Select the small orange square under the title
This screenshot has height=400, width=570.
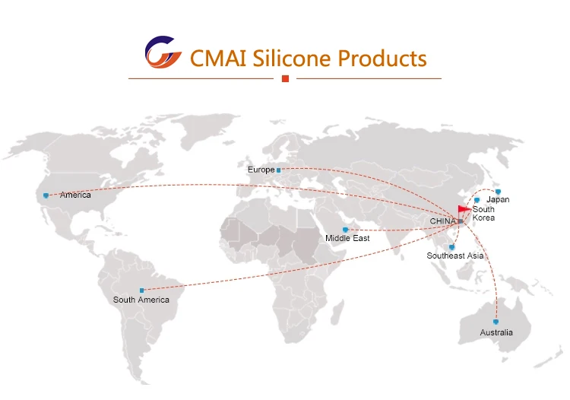click(x=285, y=78)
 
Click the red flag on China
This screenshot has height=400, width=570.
click(x=464, y=209)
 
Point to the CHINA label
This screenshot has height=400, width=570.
click(x=442, y=221)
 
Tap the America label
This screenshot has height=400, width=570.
click(x=75, y=195)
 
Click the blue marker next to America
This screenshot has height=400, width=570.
click(x=46, y=195)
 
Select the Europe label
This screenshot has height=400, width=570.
click(x=261, y=170)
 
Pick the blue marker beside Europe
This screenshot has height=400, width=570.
click(x=279, y=170)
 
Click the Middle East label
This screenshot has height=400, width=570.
click(x=347, y=239)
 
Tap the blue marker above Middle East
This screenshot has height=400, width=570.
click(x=346, y=229)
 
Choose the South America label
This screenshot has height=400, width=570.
click(x=141, y=300)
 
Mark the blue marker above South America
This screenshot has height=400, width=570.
click(x=141, y=290)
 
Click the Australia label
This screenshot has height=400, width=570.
click(x=496, y=332)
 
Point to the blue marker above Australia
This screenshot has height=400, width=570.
click(x=496, y=322)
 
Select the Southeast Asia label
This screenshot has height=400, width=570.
click(x=454, y=256)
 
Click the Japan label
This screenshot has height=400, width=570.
click(x=498, y=200)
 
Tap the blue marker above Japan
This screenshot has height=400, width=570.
click(x=498, y=191)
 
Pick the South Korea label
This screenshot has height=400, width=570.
click(x=483, y=214)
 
